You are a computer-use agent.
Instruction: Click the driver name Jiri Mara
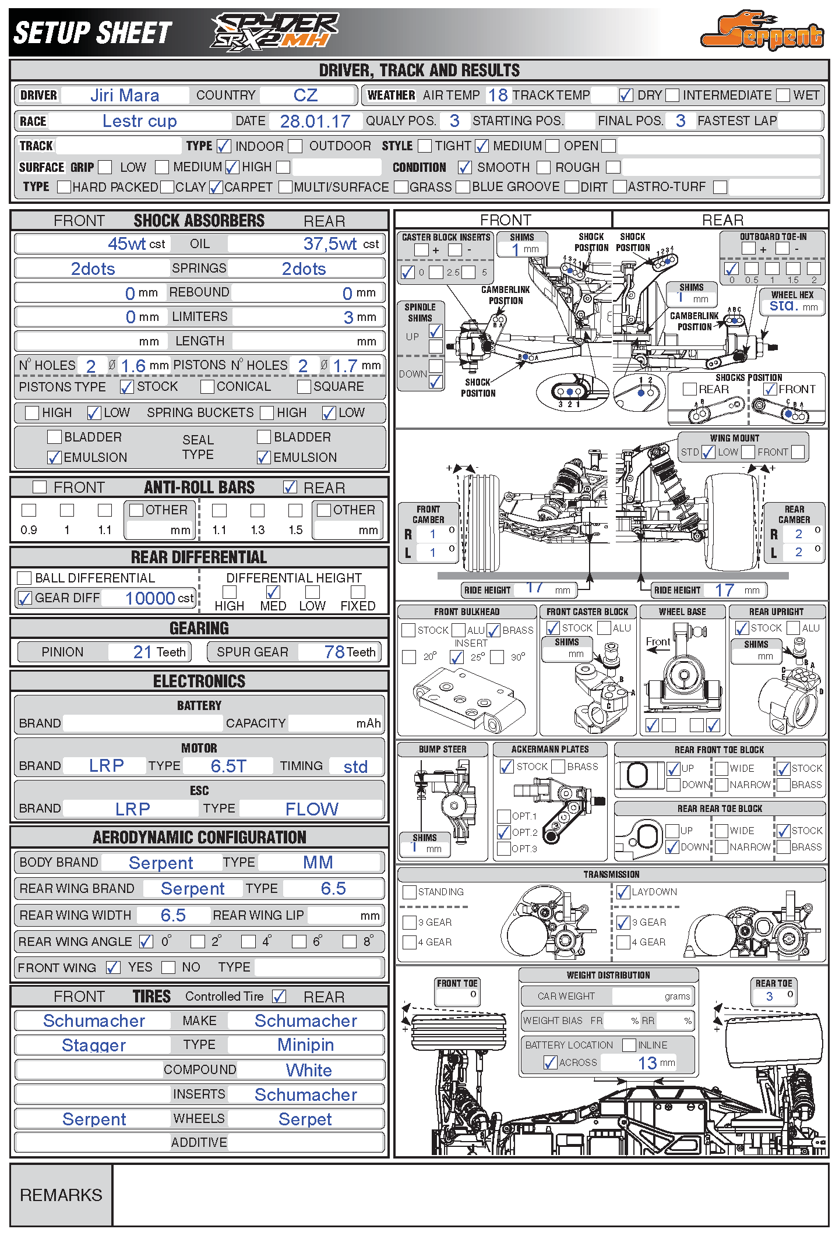(x=125, y=95)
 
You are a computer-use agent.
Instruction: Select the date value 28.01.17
(x=315, y=121)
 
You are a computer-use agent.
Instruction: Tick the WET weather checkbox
(x=783, y=95)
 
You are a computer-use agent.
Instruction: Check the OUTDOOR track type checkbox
(x=296, y=146)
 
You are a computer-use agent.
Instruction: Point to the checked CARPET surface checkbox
(x=216, y=187)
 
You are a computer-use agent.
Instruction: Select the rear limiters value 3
(x=348, y=317)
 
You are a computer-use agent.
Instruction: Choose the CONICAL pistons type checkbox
(x=207, y=386)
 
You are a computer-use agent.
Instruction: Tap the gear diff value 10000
(x=150, y=598)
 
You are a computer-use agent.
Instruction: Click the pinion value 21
(x=142, y=652)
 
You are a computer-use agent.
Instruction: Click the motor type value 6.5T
(x=228, y=766)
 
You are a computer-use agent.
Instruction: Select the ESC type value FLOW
(x=312, y=808)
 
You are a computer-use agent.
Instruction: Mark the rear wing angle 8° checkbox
(x=350, y=941)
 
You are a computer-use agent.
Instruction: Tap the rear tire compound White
(x=309, y=1070)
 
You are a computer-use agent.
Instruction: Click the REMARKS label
(x=61, y=1195)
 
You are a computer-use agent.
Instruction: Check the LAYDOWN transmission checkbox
(x=623, y=892)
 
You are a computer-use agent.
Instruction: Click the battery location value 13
(x=647, y=1063)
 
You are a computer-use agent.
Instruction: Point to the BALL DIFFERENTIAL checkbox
(x=24, y=578)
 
